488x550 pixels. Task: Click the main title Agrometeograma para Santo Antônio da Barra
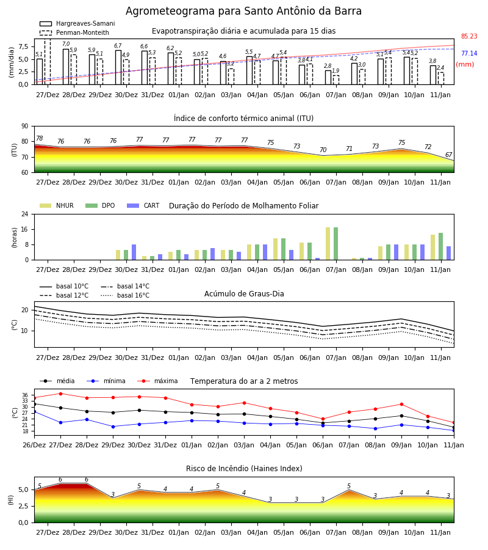point(243,11)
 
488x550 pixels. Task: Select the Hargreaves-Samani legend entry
point(77,23)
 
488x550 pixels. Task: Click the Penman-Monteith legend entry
point(74,32)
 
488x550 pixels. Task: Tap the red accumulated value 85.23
point(469,36)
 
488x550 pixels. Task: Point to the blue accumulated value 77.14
point(469,53)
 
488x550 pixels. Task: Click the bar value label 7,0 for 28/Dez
point(66,44)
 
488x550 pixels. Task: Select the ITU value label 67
point(449,155)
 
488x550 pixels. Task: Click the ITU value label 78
point(39,138)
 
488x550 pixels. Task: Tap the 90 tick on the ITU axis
point(25,127)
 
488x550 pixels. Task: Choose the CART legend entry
point(143,205)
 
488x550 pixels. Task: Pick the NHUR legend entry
point(57,205)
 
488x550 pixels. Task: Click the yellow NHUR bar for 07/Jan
point(328,244)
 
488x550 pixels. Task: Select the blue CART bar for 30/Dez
point(134,252)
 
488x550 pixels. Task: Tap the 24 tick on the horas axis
point(25,214)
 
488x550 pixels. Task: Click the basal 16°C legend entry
point(125,295)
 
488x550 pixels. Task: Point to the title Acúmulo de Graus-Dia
point(244,293)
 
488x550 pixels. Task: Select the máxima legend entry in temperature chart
point(157,381)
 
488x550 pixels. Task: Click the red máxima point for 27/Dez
point(60,394)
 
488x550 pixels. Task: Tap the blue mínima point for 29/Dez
point(113,427)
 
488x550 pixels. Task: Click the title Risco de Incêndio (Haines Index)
point(244,468)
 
